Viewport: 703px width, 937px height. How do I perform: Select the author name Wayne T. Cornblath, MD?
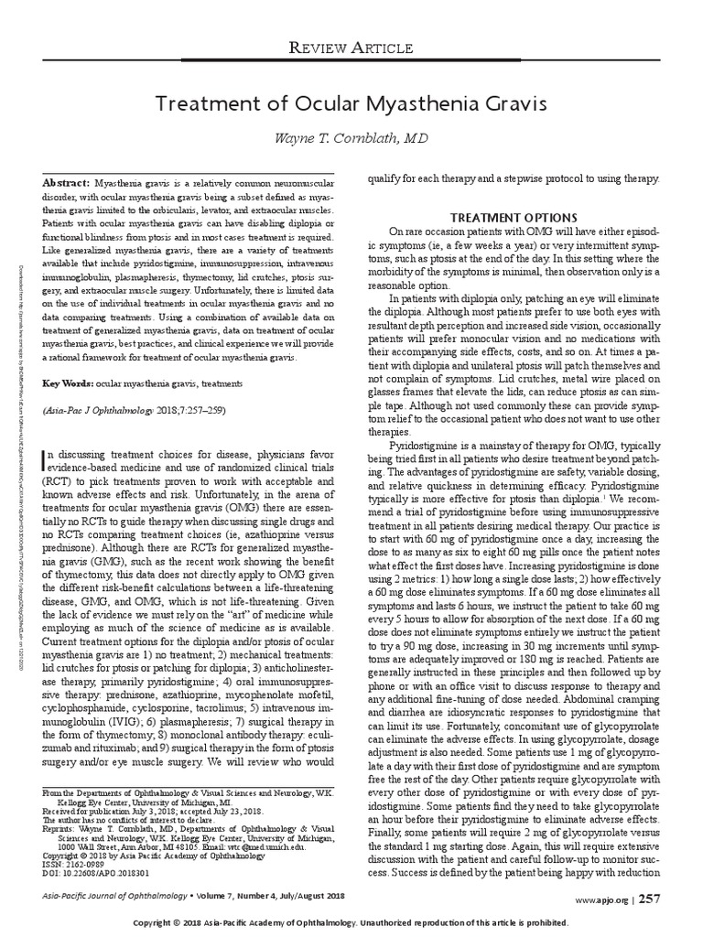(x=351, y=138)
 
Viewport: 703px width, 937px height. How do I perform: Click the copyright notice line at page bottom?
(x=351, y=924)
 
